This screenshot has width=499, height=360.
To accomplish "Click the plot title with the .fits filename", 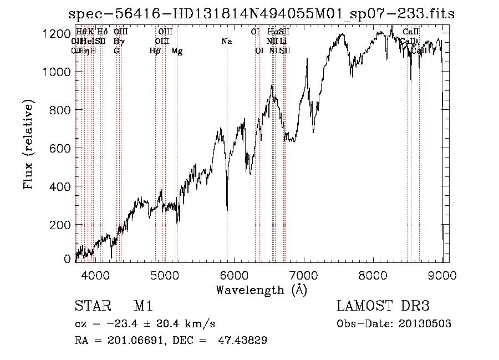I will [x=261, y=14].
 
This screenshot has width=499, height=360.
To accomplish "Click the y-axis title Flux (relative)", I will [x=28, y=144].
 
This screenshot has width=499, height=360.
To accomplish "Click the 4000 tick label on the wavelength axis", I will [x=95, y=274].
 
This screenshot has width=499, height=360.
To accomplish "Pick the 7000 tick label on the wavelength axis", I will [x=304, y=274].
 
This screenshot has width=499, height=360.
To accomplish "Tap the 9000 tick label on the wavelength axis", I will [x=442, y=274].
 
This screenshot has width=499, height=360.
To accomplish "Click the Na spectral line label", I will [x=227, y=42].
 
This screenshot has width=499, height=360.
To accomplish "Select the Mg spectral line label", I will [x=177, y=51].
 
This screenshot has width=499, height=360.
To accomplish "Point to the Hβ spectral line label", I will [x=155, y=51].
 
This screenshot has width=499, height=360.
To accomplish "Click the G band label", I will [x=116, y=51].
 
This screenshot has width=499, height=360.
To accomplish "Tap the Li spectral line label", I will [x=283, y=42].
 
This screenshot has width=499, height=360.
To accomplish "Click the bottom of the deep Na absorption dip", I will [x=227, y=211].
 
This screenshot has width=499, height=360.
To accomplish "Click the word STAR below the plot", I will [x=93, y=306].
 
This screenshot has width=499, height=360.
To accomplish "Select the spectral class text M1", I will [x=143, y=306].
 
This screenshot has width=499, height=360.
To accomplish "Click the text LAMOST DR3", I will [x=383, y=306].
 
